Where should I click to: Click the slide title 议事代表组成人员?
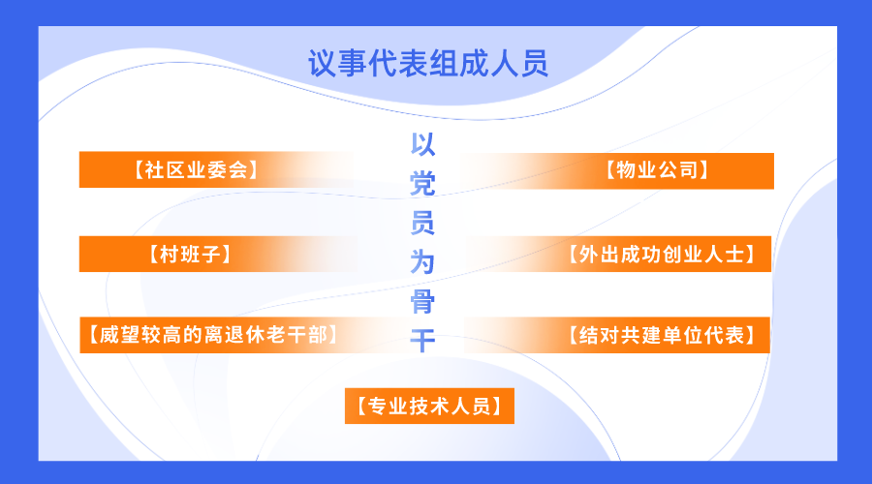[x=428, y=63]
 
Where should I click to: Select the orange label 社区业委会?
[x=195, y=170]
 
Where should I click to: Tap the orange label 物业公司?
[x=657, y=170]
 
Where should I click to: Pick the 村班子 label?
[x=190, y=255]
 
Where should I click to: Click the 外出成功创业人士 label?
[x=661, y=255]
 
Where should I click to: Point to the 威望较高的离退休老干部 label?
[x=213, y=335]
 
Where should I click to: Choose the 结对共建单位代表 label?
[x=661, y=335]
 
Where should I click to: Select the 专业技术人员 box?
[x=429, y=407]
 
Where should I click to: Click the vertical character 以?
[x=422, y=144]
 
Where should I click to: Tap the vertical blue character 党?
[x=422, y=184]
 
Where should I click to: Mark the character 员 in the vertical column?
[x=422, y=223]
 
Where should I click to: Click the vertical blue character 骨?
[x=422, y=302]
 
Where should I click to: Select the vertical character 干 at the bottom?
[x=422, y=341]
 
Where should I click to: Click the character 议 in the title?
[x=323, y=63]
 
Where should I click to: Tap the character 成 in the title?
[x=473, y=63]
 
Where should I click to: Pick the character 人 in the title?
[x=504, y=63]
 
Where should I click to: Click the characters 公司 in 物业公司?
[x=677, y=170]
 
